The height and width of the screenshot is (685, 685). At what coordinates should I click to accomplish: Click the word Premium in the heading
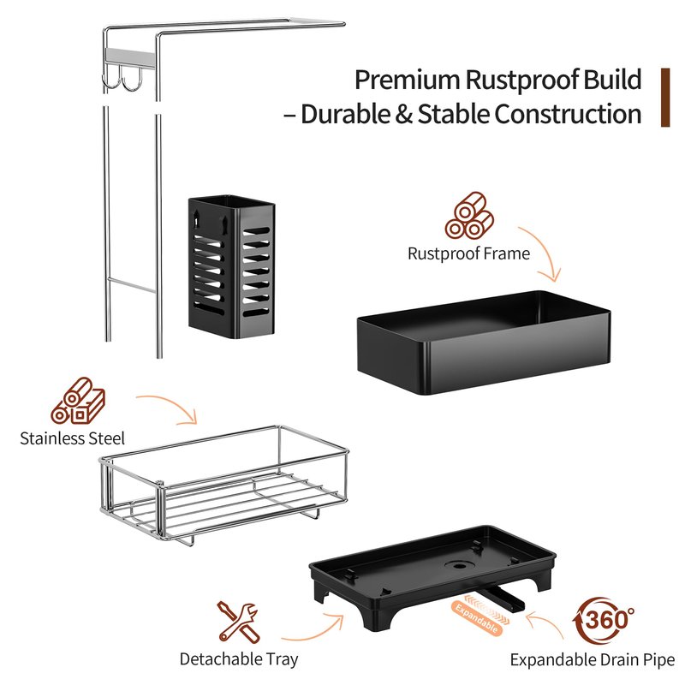coord(407,80)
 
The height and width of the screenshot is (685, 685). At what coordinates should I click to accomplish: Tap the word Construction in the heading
coord(568,115)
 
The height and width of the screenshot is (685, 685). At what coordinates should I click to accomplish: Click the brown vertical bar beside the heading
coord(665,98)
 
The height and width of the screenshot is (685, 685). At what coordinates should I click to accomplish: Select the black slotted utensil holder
coord(231,267)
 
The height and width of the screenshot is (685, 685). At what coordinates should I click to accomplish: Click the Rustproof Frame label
coord(468,253)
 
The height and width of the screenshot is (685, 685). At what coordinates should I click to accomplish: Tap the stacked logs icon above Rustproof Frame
coord(469,216)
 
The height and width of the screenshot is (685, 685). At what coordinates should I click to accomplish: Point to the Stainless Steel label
coord(72,438)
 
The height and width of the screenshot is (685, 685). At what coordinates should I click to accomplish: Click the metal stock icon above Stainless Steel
coord(78,401)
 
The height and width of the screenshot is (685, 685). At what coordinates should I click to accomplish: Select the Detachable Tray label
coord(239,658)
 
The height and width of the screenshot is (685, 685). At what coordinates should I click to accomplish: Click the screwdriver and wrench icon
coord(239,622)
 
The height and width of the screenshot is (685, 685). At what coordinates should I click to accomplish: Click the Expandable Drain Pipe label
coord(592,659)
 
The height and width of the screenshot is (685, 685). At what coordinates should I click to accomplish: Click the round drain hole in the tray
coord(459,565)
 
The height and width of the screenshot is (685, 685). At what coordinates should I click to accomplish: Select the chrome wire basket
coord(223,485)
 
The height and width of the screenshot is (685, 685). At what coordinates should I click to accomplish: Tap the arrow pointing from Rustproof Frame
coord(543,253)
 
